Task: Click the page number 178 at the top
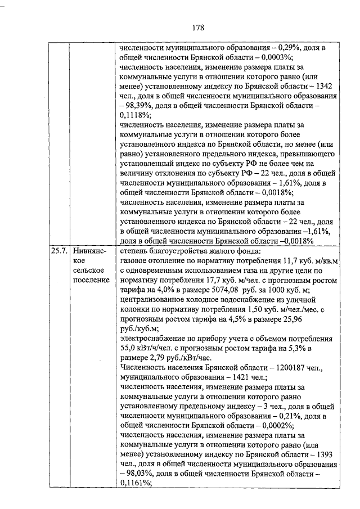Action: [x=197, y=28]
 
